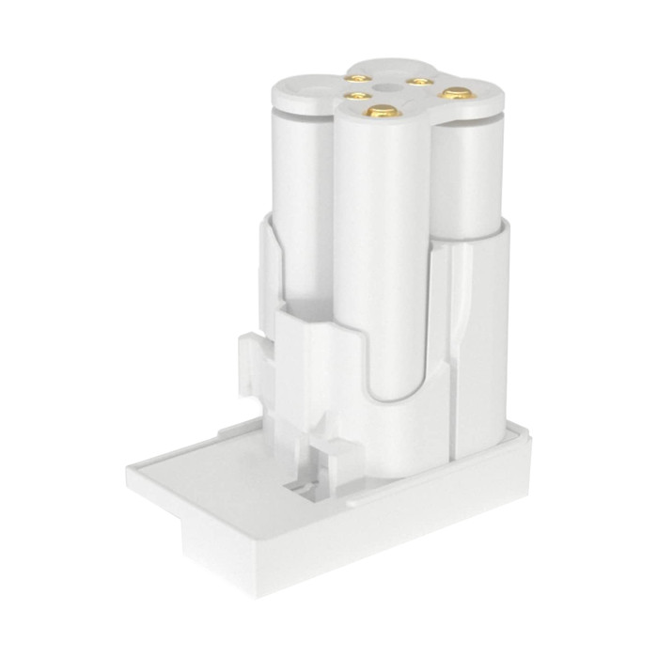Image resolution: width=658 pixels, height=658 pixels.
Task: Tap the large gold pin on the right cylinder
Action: [456, 93]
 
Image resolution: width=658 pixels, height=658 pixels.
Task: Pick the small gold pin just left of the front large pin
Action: [354, 96]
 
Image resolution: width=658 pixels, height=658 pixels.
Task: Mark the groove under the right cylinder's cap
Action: [470, 119]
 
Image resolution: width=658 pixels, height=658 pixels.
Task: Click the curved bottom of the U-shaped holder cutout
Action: [395, 395]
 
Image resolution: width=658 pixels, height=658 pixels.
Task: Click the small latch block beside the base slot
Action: [324, 461]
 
